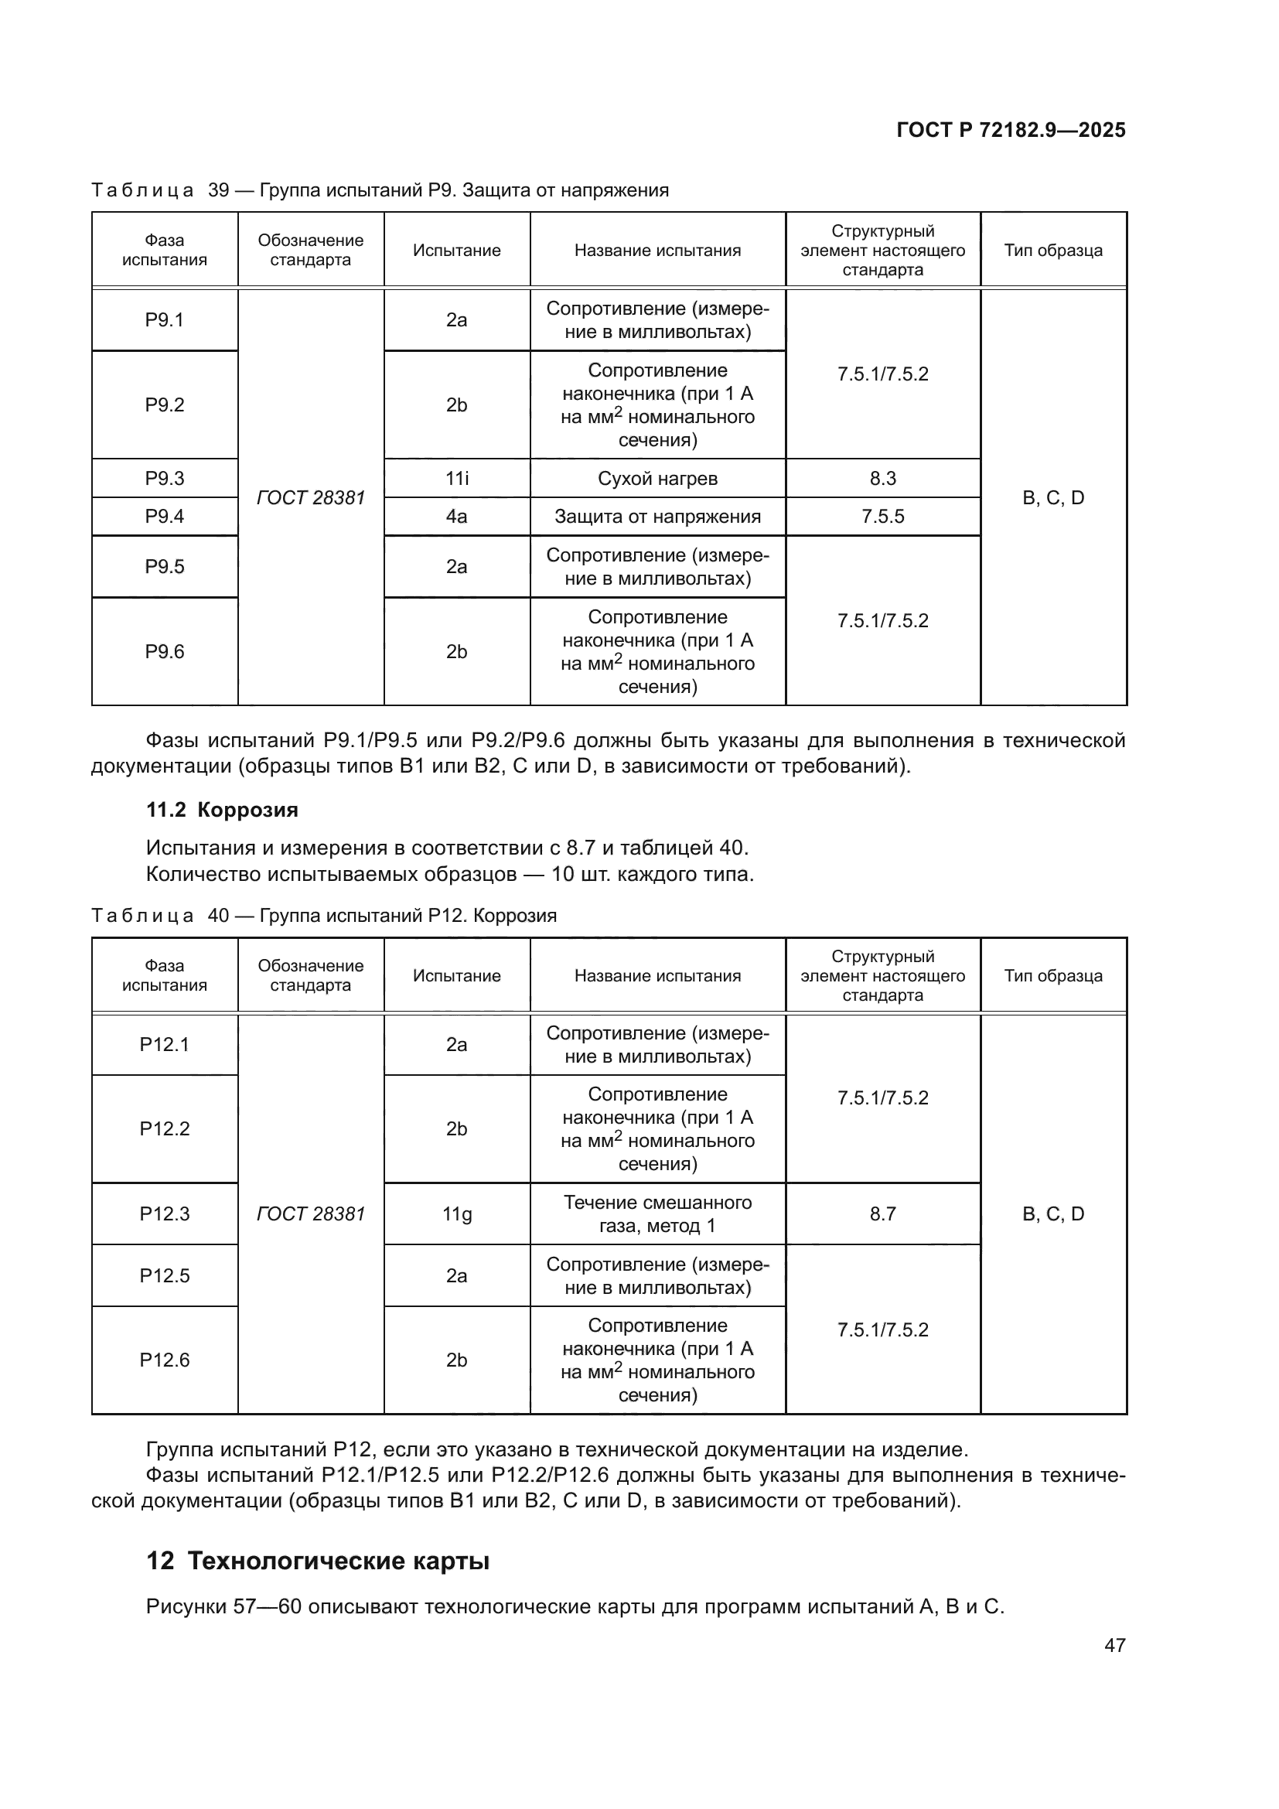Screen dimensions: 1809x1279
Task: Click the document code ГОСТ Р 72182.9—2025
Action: (1011, 130)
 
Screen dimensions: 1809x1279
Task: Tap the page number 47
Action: (1114, 1645)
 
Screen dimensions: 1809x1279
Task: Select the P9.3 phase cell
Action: (165, 478)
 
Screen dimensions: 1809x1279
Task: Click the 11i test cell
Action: (457, 478)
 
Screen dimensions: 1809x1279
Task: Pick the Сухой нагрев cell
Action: (657, 478)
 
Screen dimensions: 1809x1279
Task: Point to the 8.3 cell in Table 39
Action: (883, 478)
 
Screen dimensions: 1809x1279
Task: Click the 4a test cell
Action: (457, 517)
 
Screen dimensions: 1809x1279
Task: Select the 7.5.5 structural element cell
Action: (883, 517)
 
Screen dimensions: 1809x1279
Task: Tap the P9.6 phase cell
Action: (165, 651)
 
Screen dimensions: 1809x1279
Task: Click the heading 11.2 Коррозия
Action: (222, 810)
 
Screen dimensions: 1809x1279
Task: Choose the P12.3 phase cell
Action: (165, 1213)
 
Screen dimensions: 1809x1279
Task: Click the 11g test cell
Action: (457, 1213)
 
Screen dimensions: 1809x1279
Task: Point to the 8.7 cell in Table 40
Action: (883, 1213)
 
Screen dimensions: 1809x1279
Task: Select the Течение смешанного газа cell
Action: (657, 1213)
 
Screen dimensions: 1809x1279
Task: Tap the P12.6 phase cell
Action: (165, 1360)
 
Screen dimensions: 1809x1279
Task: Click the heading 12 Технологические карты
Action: (318, 1561)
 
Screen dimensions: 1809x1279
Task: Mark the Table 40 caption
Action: (325, 916)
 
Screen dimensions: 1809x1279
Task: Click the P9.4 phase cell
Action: (165, 517)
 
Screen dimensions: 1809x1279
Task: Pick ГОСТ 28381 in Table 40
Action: (311, 1213)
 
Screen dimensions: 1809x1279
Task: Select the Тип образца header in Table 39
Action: (1053, 251)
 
